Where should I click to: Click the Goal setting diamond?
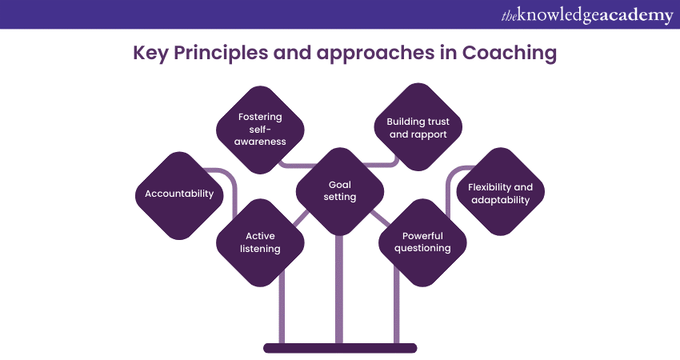pyautogui.click(x=340, y=190)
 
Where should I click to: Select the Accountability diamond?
pyautogui.click(x=179, y=194)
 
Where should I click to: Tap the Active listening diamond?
pyautogui.click(x=261, y=242)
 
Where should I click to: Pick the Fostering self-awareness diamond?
pyautogui.click(x=260, y=129)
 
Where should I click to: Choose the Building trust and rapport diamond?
pyautogui.click(x=418, y=128)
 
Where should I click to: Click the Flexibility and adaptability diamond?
pyautogui.click(x=500, y=193)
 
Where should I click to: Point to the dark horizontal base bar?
pyautogui.click(x=340, y=348)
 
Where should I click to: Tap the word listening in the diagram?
pyautogui.click(x=261, y=249)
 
